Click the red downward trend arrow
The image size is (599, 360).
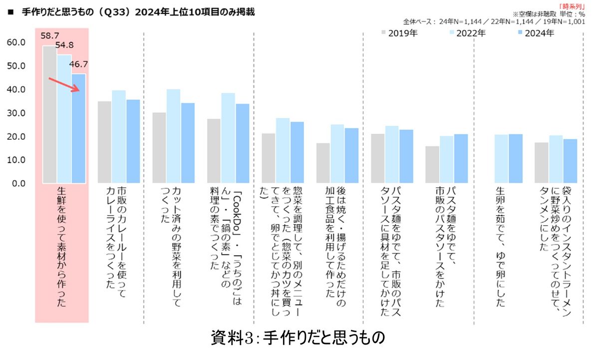click(64, 85)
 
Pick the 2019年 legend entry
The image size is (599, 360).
click(399, 33)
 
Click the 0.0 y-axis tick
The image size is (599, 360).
click(18, 183)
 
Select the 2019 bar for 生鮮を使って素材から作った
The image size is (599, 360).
click(49, 115)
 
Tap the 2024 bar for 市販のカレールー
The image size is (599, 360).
click(133, 141)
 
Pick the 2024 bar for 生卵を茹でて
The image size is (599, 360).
click(516, 158)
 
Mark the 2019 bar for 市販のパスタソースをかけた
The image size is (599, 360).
click(432, 164)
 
